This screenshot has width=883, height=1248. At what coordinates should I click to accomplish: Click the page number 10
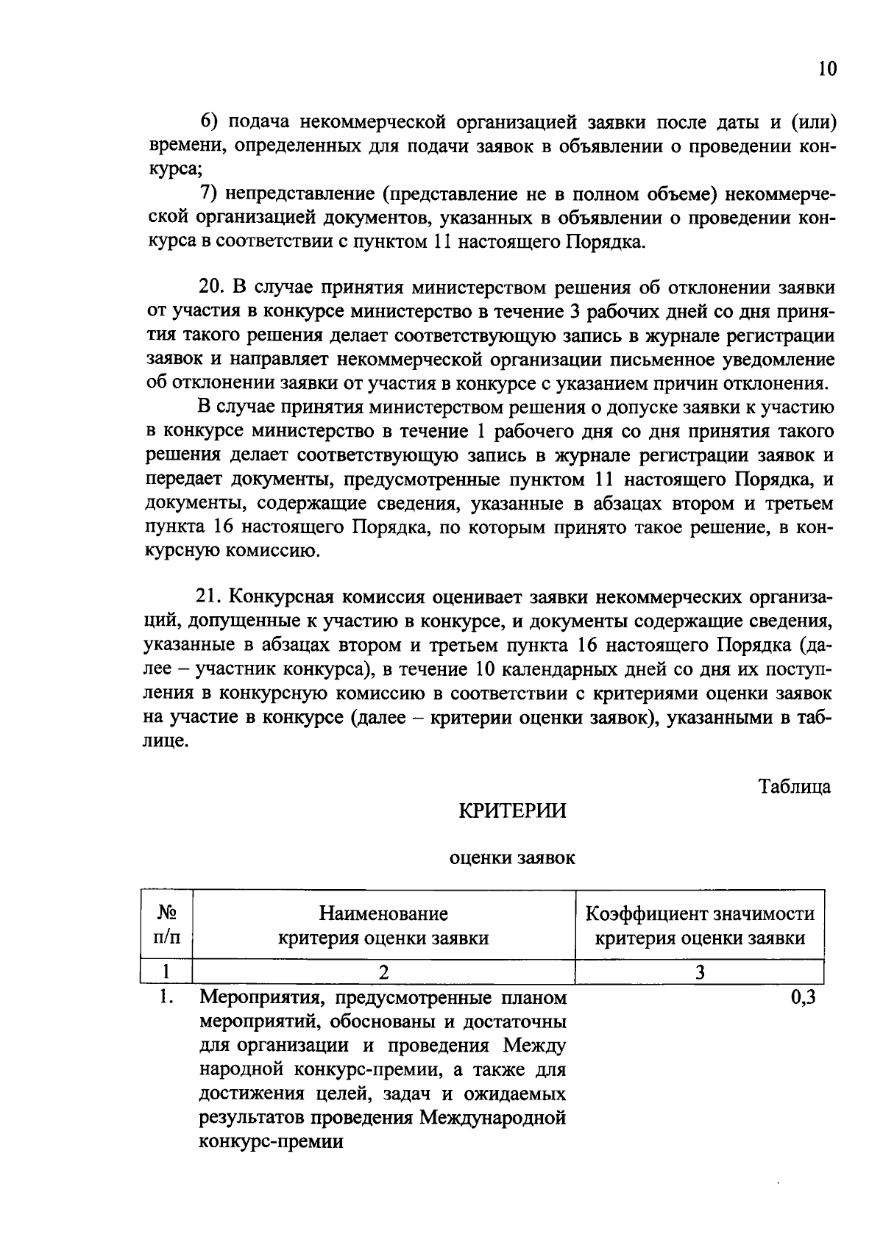pos(827,69)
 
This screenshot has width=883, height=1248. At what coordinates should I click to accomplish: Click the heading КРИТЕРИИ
pos(513,810)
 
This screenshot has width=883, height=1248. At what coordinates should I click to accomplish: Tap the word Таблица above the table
pos(795,786)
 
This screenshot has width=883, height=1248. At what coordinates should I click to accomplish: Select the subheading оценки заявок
pos(512,857)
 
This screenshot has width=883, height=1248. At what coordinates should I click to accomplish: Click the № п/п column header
pos(167,925)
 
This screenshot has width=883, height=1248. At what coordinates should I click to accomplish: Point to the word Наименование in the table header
pos(383,913)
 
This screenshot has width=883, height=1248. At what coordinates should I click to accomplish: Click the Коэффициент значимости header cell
pos(699,925)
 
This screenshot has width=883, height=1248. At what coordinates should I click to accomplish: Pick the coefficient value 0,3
pos(804,998)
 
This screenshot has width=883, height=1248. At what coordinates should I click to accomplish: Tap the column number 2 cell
pos(383,972)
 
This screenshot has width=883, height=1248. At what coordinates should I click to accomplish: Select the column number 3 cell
pos(700,972)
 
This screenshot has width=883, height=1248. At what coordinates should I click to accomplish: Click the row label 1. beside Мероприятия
pos(167,998)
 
